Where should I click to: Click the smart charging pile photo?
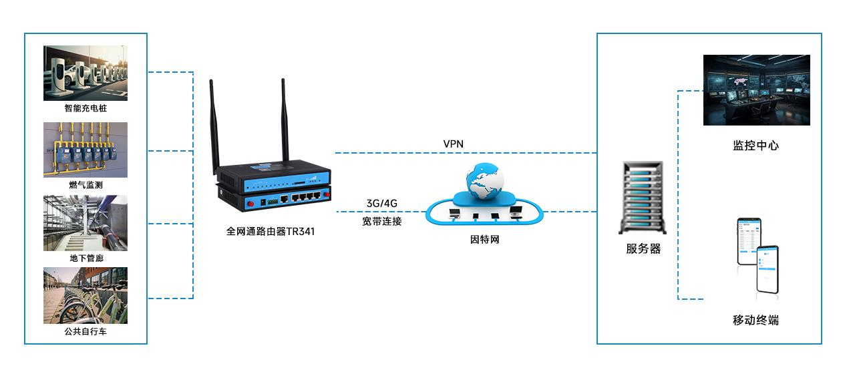pos(85,73)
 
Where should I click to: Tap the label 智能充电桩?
pos(85,108)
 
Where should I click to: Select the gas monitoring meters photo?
pos(85,150)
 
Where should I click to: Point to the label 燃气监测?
pos(85,185)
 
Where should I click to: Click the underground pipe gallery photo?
pos(85,223)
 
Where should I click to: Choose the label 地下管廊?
pos(85,258)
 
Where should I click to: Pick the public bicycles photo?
pos(85,296)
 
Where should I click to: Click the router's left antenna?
pos(215,124)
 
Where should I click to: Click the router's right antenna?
pos(284,120)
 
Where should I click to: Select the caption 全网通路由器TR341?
pos(271,232)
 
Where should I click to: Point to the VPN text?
pos(453,144)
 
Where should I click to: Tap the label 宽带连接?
pos(382,221)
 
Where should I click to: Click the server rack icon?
pos(643,198)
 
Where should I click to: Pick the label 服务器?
pos(643,249)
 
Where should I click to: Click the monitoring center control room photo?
pos(756,90)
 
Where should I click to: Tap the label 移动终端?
pos(755,321)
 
